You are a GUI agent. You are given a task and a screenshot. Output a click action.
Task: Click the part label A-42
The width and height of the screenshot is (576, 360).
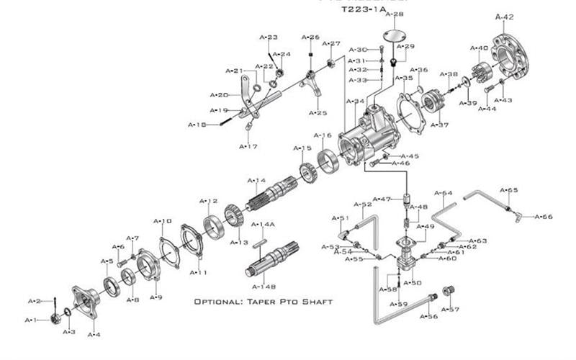click(505, 16)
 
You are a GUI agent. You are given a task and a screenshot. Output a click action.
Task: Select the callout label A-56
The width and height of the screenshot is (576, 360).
click(428, 316)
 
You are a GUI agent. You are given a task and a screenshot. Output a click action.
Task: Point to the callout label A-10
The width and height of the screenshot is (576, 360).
click(163, 221)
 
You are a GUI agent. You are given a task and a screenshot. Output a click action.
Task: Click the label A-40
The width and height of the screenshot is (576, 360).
click(479, 48)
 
